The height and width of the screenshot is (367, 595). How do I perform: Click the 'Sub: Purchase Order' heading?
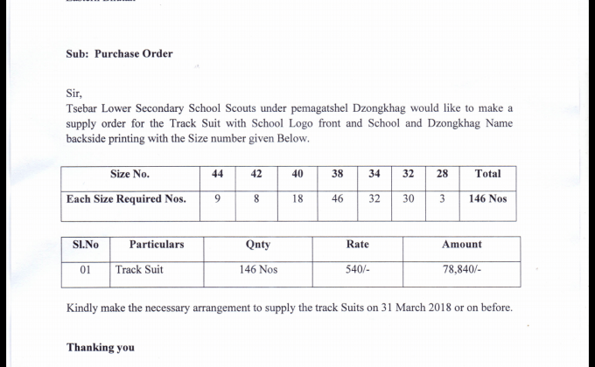pos(120,53)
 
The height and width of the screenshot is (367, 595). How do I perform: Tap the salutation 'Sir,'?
pos(75,92)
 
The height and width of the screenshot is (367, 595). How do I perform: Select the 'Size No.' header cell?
pos(129,174)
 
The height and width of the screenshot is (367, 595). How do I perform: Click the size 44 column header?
pos(218,174)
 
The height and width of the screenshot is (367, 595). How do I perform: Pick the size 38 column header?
pos(338,174)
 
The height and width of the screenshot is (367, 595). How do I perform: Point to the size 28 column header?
pos(443,174)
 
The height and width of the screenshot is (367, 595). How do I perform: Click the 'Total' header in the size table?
pos(487,174)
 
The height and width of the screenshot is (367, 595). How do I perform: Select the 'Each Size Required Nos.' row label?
pos(126,199)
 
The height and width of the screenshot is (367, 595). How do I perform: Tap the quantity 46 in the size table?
pos(338,199)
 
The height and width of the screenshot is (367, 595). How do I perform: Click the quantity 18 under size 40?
pos(297,199)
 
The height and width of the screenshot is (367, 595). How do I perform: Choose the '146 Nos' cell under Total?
pos(488,199)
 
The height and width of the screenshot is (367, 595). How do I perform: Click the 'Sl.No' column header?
pos(85,245)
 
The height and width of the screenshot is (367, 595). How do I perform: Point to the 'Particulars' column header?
pos(157,245)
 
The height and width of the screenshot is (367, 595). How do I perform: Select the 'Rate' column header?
pos(358,245)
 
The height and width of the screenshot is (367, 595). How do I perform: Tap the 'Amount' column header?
pos(462,245)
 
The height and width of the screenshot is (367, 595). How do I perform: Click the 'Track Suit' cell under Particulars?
pos(139,270)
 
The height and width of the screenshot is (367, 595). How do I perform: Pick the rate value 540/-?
pos(358,270)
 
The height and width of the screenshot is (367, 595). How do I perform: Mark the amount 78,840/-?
pos(462,270)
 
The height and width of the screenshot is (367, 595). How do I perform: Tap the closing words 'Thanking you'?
pos(101,348)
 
